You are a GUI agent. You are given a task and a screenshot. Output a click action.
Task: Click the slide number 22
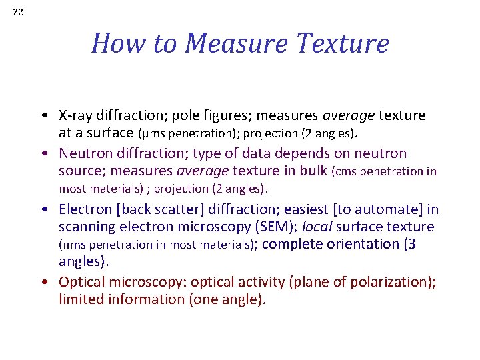[x=18, y=12]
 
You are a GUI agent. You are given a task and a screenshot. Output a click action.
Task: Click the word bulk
[x=311, y=171]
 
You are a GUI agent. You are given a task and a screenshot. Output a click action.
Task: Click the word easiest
[x=323, y=209]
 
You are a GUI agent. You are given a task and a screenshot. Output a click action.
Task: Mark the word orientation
[x=361, y=244]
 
